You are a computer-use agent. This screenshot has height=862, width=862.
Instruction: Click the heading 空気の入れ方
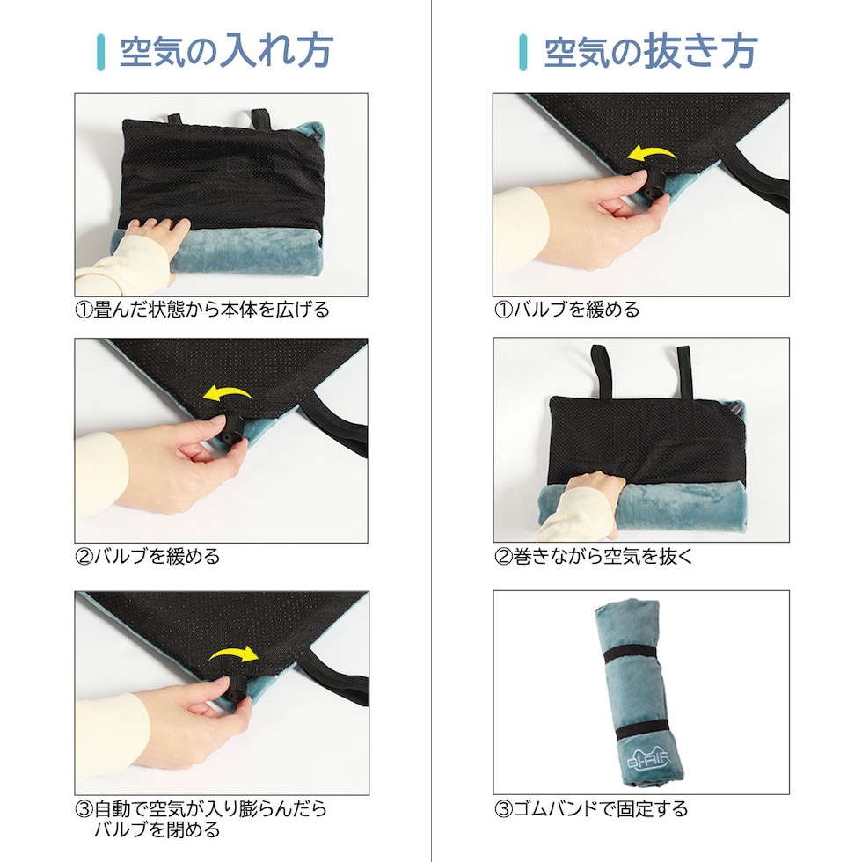[227, 51]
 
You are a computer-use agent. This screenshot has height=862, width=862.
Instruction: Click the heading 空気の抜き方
[651, 51]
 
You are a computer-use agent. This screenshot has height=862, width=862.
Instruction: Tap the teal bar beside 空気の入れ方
[100, 52]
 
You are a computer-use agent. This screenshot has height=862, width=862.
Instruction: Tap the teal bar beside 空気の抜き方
[522, 52]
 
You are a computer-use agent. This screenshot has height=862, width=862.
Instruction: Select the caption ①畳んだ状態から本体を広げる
[202, 310]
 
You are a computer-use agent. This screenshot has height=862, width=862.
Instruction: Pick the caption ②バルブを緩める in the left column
[148, 556]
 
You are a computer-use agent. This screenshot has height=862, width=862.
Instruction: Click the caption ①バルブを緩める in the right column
[566, 310]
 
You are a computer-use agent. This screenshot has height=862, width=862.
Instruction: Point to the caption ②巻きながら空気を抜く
[594, 556]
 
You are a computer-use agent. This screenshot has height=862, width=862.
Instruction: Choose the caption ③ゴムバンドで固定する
[591, 808]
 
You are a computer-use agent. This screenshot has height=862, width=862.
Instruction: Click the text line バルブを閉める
[157, 829]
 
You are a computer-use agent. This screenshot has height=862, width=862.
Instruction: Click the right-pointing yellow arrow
[234, 654]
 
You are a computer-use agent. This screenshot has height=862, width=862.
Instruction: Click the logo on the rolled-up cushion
[649, 760]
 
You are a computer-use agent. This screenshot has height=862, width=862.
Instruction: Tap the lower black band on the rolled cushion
[642, 732]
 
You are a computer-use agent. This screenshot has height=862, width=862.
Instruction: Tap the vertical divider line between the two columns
[432, 431]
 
